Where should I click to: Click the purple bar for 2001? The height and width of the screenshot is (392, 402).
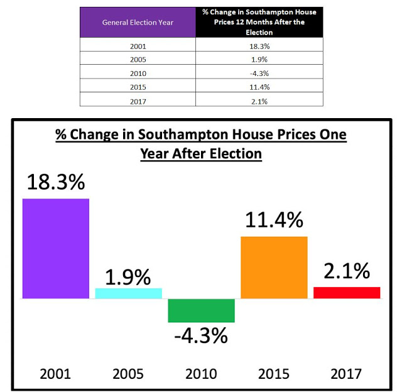56,248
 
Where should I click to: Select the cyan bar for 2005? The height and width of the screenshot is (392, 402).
129,293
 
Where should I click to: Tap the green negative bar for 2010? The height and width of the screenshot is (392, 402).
201,310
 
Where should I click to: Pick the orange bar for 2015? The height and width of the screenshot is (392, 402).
274,267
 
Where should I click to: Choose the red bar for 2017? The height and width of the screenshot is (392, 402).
347,293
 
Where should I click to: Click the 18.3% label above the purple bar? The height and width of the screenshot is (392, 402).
57,182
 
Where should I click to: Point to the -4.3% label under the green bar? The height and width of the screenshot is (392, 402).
201,335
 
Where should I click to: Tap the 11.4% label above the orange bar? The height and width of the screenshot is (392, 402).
274,220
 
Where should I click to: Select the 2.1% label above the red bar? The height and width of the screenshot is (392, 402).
347,271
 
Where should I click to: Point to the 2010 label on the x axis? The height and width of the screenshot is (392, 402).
201,374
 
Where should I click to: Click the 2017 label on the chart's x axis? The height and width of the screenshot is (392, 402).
346,374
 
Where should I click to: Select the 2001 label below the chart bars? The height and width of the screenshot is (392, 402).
55,374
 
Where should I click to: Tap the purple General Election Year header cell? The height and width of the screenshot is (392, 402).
138,23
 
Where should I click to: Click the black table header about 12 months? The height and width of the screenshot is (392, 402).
259,23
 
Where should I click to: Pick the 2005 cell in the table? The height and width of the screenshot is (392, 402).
138,60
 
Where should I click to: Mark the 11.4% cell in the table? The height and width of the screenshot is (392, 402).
259,87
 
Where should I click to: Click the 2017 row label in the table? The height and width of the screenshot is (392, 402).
138,100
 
